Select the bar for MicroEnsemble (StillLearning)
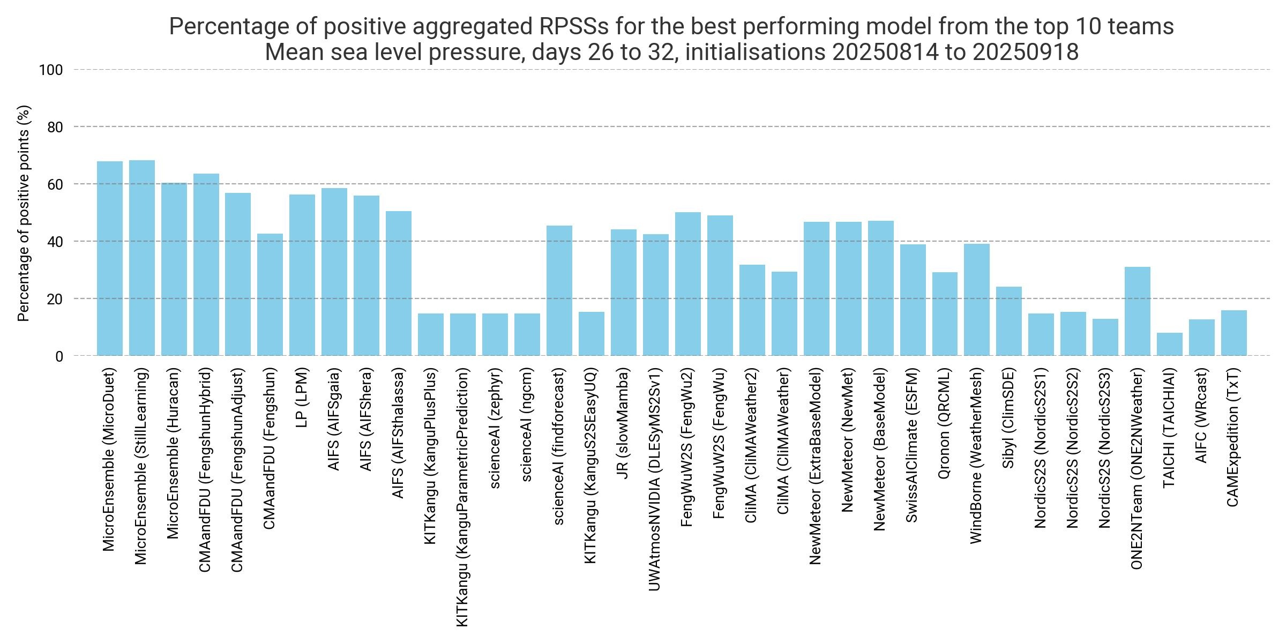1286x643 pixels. (x=142, y=258)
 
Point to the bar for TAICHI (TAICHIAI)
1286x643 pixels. (x=1169, y=344)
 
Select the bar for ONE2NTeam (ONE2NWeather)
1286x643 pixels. (x=1137, y=311)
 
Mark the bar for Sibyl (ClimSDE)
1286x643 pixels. (x=1008, y=321)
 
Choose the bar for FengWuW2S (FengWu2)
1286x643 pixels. (x=687, y=284)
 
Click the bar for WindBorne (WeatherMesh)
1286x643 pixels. (x=976, y=300)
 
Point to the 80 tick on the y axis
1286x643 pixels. (x=56, y=128)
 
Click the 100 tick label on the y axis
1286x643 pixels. (x=51, y=70)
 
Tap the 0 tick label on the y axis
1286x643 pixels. (x=59, y=356)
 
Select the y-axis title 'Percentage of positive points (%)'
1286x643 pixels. (x=24, y=213)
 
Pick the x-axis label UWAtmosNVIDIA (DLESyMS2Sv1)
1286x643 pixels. (x=655, y=479)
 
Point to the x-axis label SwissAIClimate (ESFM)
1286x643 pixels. (x=912, y=445)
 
